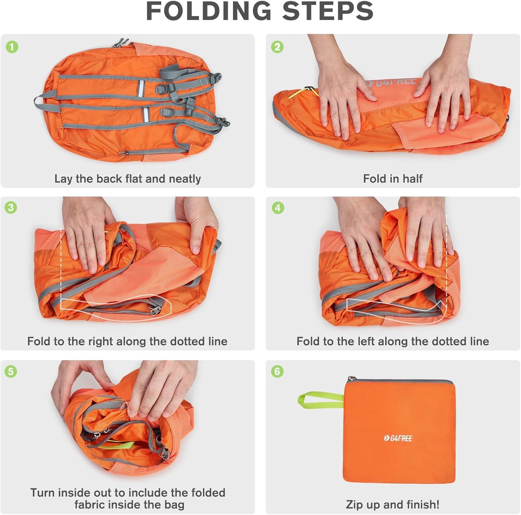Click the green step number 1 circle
12,47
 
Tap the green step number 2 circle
277,47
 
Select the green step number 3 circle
11,208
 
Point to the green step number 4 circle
277,208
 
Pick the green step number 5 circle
11,371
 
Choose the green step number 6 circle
277,371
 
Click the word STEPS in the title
328,11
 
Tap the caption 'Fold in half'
392,179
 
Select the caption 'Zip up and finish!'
392,504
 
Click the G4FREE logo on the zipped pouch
398,438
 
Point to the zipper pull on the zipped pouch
348,379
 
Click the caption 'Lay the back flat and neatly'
127,179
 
